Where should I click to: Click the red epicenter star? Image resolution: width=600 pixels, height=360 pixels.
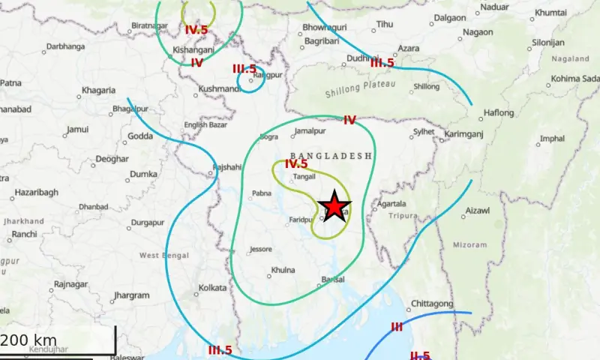click(334, 206)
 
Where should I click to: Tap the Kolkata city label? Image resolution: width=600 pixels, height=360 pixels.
click(211, 288)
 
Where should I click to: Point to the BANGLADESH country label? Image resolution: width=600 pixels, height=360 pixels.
click(331, 155)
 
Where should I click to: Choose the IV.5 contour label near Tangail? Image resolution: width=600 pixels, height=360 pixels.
click(296, 164)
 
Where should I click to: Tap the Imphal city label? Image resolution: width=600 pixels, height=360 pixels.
click(552, 139)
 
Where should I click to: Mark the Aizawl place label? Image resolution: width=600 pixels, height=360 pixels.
click(478, 211)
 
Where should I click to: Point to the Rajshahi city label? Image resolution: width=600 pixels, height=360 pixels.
click(226, 167)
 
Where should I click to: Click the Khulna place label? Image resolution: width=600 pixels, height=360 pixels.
click(283, 270)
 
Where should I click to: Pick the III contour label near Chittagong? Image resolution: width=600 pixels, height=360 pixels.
click(397, 327)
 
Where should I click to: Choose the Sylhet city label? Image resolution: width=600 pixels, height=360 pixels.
click(424, 132)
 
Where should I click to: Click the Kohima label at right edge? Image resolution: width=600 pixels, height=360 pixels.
click(576, 79)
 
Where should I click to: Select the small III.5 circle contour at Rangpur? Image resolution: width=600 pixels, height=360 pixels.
click(250, 82)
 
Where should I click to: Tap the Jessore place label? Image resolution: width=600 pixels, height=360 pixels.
click(260, 249)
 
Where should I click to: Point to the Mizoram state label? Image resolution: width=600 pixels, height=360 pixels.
click(471, 244)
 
